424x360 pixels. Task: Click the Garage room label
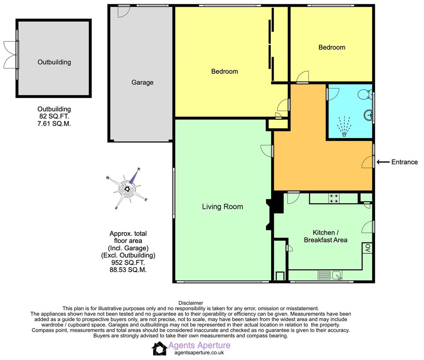click(142, 82)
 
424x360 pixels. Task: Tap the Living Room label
click(223, 207)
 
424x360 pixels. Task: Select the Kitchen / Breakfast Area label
click(325, 236)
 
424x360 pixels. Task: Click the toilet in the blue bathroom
click(365, 95)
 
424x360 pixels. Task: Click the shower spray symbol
click(344, 126)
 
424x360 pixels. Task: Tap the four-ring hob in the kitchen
click(334, 198)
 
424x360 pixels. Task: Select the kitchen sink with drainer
click(330, 276)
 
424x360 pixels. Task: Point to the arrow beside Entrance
click(383, 162)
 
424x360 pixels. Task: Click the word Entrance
click(405, 162)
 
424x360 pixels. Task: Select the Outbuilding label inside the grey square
click(54, 62)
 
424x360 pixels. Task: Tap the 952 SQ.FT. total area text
click(128, 262)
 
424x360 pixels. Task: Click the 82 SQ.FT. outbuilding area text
click(54, 116)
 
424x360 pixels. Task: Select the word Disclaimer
click(191, 303)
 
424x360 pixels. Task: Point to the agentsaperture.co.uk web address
click(199, 353)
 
